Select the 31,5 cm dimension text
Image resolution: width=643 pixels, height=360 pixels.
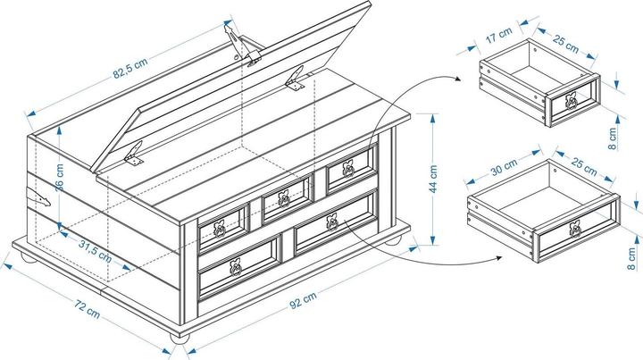click(x=94, y=249)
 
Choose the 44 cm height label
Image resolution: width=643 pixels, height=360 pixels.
click(x=433, y=179)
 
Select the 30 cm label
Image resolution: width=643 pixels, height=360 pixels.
click(x=503, y=168)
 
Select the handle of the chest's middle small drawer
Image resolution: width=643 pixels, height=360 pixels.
click(x=283, y=198)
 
